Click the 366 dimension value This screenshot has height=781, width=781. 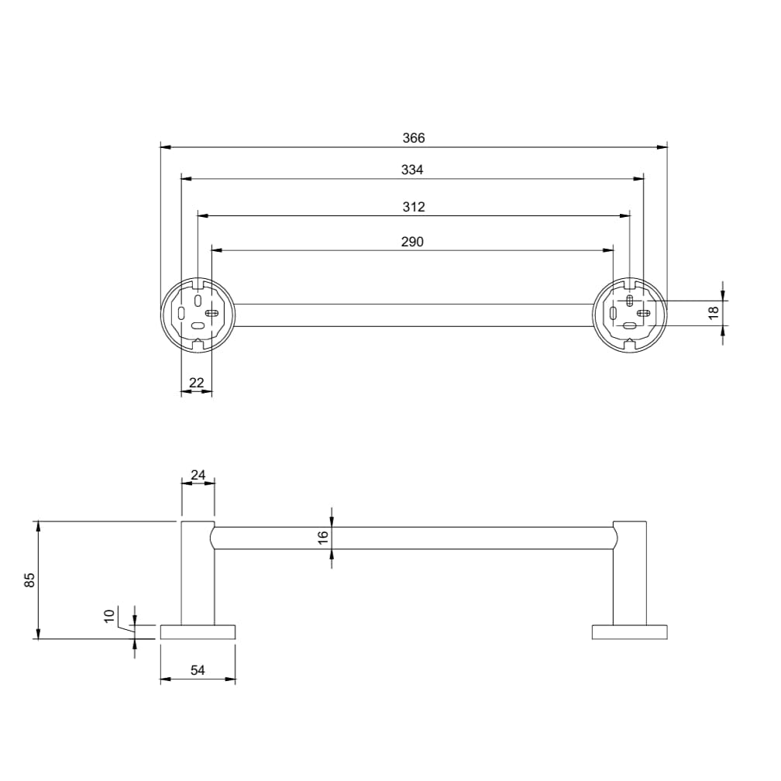pos(414,138)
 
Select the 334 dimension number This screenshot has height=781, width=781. pos(412,170)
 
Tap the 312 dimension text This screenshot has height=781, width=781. pos(414,207)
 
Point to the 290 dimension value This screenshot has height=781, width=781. pos(412,242)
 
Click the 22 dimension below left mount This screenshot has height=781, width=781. pos(196,382)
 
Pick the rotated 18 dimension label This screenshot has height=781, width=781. pos(714,313)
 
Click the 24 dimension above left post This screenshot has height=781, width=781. pos(198,474)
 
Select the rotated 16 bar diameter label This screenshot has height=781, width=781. pos(323,536)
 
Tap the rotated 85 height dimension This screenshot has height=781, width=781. pos(29,580)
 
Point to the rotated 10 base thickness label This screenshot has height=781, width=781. pos(109,617)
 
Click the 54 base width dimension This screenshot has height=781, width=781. pos(198,671)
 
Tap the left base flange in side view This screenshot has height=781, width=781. pos(198,631)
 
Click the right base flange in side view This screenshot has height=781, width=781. pos(629,631)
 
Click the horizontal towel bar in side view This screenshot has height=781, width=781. pos(414,538)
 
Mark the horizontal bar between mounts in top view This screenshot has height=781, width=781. pos(414,315)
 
